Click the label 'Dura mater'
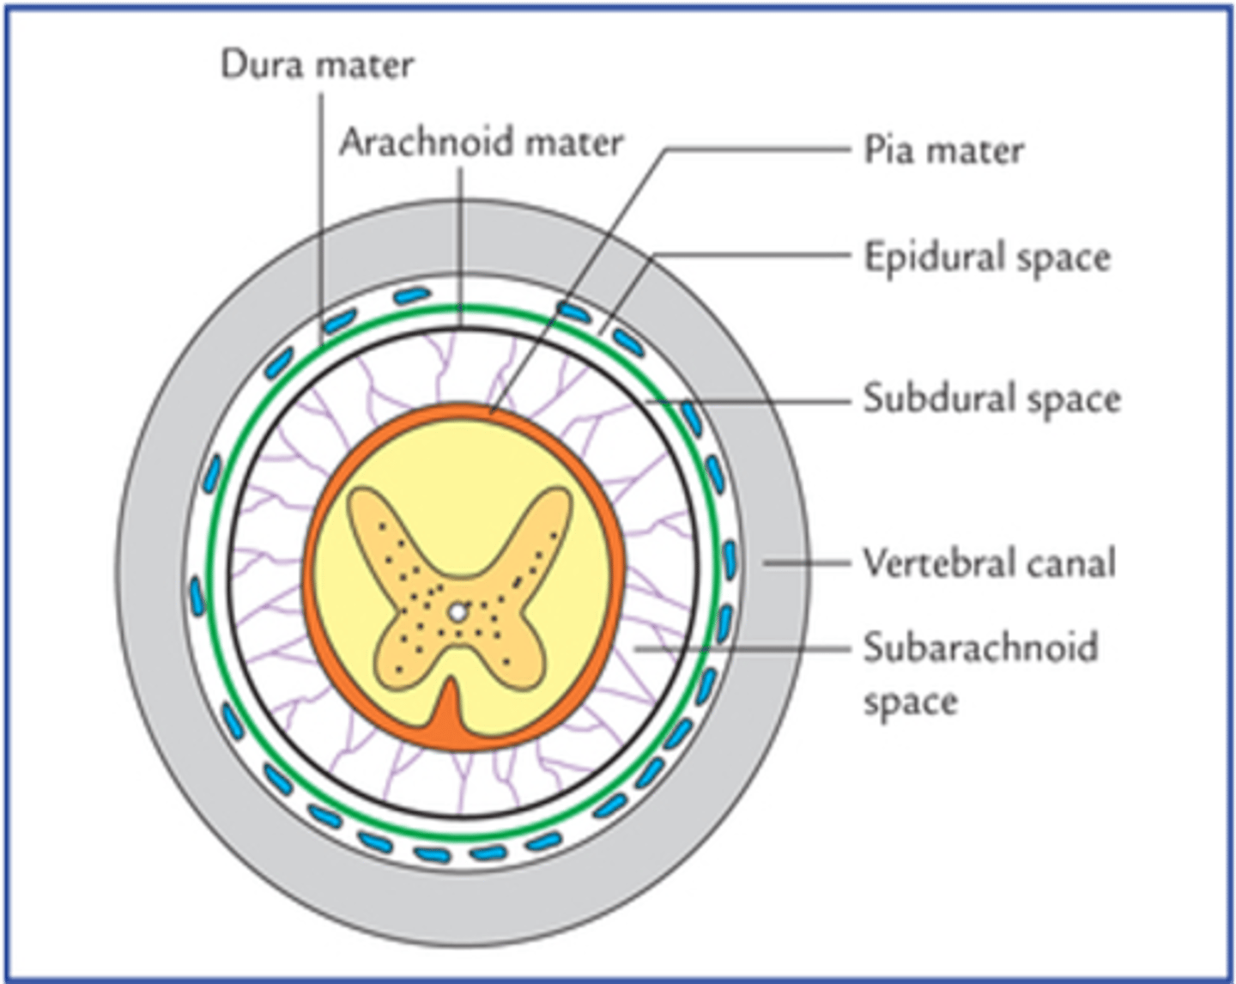pos(317,64)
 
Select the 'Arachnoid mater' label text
pos(481,142)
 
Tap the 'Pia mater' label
pos(943,150)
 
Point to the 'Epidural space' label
pos(987,257)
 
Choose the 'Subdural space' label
pos(991,398)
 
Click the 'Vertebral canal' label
pos(989,563)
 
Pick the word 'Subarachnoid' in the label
pos(980,647)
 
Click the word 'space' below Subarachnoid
pos(910,702)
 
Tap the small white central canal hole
pos(458,612)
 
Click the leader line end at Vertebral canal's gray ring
pos(766,563)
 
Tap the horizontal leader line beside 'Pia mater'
pos(755,149)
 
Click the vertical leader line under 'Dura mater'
pos(322,215)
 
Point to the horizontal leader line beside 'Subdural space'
pos(755,400)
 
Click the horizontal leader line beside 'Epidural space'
pos(747,255)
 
